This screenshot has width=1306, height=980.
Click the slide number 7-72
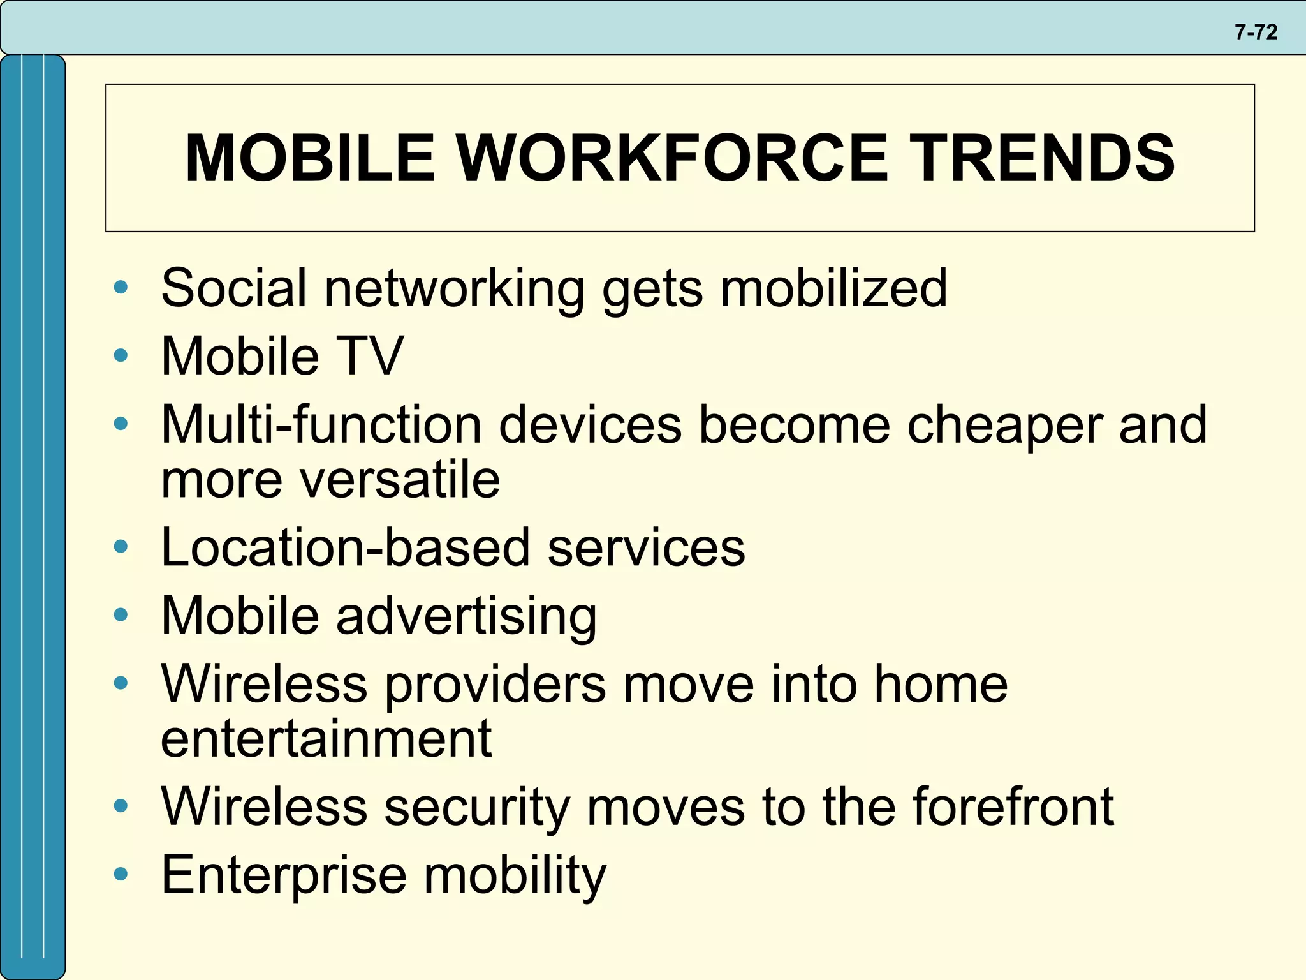1256,32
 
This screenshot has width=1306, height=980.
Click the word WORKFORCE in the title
672,158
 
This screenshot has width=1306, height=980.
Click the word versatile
400,479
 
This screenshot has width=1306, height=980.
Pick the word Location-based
345,547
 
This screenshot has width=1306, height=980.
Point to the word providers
495,684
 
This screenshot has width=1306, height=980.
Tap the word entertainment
326,738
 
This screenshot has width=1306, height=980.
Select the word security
477,806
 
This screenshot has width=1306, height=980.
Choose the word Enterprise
284,875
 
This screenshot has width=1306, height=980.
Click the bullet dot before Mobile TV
121,355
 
